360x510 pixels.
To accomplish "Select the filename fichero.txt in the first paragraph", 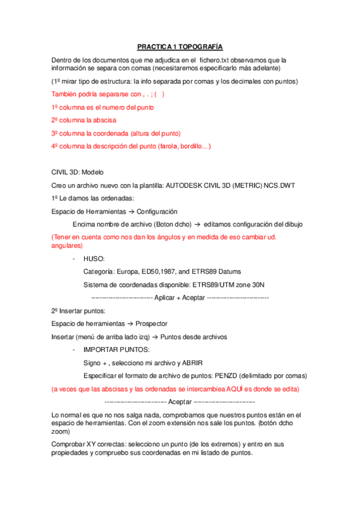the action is point(216,60).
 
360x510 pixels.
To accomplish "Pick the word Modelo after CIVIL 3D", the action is point(91,171).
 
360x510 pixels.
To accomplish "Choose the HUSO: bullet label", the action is point(94,259).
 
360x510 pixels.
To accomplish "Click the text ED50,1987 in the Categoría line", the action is point(163,272).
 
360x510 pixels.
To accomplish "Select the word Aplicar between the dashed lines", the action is point(165,298).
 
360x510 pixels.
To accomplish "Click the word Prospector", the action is point(151,324).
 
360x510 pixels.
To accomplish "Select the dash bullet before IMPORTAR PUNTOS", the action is point(73,350).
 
